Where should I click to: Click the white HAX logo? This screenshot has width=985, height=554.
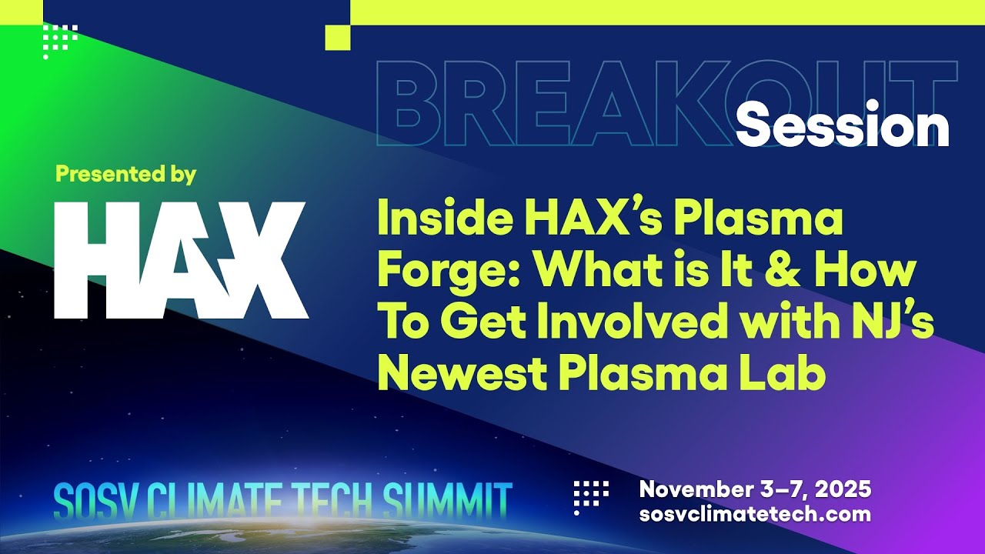181,260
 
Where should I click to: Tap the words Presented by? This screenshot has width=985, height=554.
125,175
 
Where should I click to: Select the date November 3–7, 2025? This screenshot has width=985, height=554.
755,489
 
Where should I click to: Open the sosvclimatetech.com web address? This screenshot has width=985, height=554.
755,514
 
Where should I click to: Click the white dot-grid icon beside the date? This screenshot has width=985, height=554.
591,497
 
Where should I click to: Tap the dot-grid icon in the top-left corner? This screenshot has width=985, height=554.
60,42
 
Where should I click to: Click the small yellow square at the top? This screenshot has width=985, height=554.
338,38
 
